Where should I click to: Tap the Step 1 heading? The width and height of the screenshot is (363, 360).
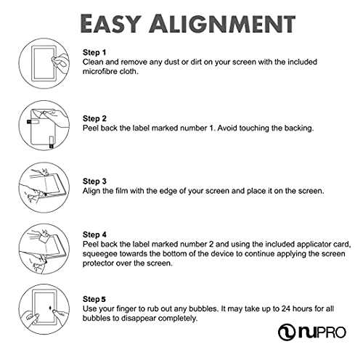point(94,53)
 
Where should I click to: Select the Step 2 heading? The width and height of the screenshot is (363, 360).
point(94,118)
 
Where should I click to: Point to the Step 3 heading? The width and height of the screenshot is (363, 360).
point(94,181)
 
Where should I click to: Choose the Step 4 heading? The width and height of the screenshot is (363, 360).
point(94,234)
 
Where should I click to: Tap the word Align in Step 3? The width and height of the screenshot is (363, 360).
point(93,191)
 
